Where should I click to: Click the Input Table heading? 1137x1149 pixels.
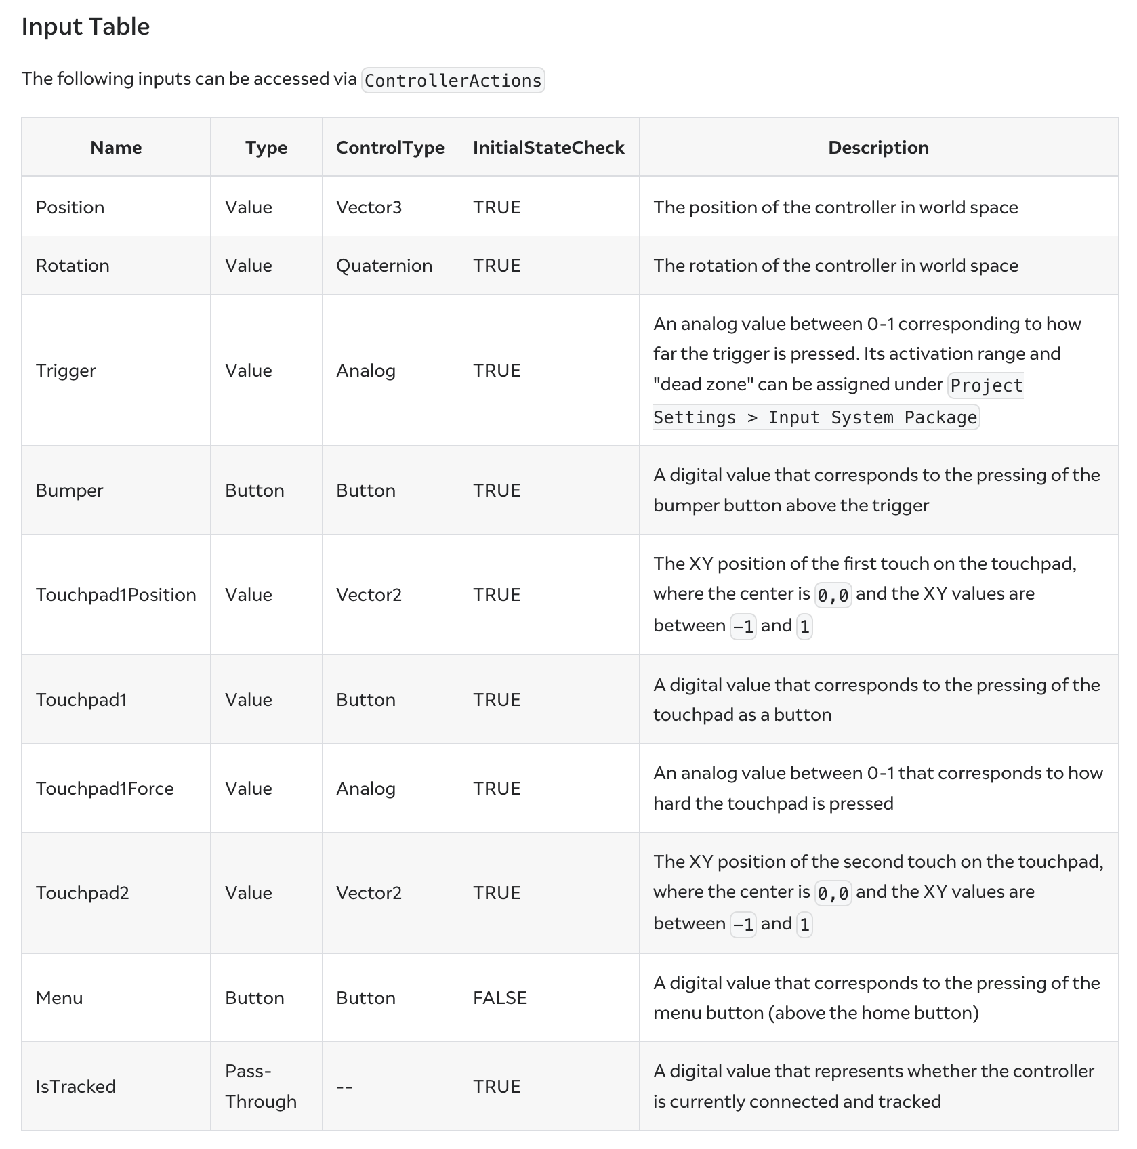click(x=85, y=27)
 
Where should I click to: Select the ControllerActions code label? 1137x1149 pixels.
click(x=453, y=81)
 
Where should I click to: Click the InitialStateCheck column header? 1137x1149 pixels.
click(x=548, y=148)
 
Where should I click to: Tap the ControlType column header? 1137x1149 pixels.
click(x=390, y=148)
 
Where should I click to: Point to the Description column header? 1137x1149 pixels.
click(x=878, y=148)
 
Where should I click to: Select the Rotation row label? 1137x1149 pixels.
click(x=73, y=266)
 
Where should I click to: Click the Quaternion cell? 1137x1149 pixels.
click(x=384, y=266)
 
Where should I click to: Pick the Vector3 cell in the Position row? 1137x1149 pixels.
click(x=369, y=207)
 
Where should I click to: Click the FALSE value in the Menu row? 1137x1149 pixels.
click(x=500, y=998)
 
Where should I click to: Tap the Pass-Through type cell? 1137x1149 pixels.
click(x=261, y=1086)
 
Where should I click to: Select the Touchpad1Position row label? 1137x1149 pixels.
click(x=116, y=595)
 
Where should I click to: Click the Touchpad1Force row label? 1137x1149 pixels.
click(x=105, y=789)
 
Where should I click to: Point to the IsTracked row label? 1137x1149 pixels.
click(x=76, y=1087)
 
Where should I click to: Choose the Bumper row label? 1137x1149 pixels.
click(x=69, y=490)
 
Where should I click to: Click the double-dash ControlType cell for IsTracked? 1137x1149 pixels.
click(x=344, y=1087)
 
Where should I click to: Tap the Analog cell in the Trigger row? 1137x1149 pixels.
click(x=366, y=371)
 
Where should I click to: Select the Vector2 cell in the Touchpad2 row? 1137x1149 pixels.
click(x=369, y=893)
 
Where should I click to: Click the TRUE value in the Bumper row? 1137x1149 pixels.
click(x=497, y=490)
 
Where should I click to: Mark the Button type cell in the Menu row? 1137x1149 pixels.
click(x=255, y=998)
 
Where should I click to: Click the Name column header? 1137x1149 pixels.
click(x=116, y=148)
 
